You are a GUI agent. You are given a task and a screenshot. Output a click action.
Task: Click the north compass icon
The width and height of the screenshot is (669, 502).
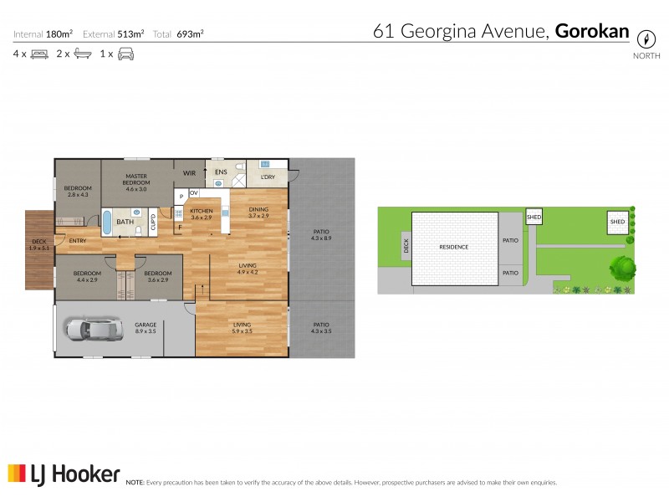pos(646,38)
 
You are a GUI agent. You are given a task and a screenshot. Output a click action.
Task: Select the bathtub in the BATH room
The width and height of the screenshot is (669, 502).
pos(108,222)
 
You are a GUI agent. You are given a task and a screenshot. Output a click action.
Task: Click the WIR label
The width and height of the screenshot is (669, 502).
pos(189,172)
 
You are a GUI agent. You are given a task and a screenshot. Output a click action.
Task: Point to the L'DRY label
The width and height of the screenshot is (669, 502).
pos(268,177)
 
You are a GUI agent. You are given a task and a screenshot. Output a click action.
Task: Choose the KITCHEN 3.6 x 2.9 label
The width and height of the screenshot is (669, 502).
pos(202,213)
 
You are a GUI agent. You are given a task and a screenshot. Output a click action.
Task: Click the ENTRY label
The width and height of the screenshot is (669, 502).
pos(78,241)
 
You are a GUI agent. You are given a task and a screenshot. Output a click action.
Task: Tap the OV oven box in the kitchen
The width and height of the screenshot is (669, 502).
pos(193,192)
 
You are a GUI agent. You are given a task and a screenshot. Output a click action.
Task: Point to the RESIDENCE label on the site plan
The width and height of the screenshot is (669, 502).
pos(454,247)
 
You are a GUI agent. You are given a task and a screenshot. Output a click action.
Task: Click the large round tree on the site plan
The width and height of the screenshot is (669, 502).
pos(623,268)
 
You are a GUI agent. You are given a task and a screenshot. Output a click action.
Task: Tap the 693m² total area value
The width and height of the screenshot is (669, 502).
pos(191,34)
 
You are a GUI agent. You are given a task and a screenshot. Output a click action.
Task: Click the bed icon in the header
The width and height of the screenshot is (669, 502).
pos(39,54)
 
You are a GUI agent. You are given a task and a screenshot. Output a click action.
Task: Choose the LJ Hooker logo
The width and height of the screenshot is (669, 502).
pos(64,474)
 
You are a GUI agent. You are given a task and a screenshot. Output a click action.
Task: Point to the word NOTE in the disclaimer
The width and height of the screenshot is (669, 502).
pos(134,483)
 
